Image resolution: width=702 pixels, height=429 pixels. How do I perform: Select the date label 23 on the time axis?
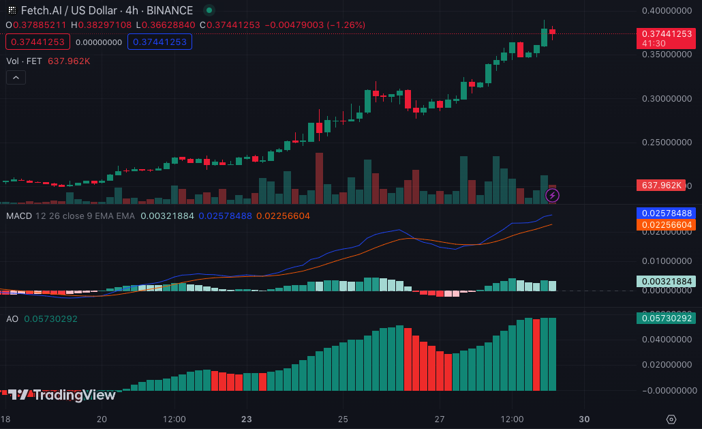(247, 419)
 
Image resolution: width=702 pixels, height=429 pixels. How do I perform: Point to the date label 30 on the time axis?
(584, 419)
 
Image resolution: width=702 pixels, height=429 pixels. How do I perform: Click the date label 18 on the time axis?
(5, 419)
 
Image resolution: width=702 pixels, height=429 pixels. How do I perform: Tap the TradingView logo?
(62, 395)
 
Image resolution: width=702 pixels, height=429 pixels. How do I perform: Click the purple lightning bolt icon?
(553, 196)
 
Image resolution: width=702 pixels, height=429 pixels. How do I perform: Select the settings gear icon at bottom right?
(671, 419)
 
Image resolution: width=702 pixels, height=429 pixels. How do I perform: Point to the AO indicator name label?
(12, 319)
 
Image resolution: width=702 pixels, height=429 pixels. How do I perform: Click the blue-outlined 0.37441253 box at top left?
(159, 42)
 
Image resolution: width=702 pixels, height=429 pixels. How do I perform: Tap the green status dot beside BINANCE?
(209, 10)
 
